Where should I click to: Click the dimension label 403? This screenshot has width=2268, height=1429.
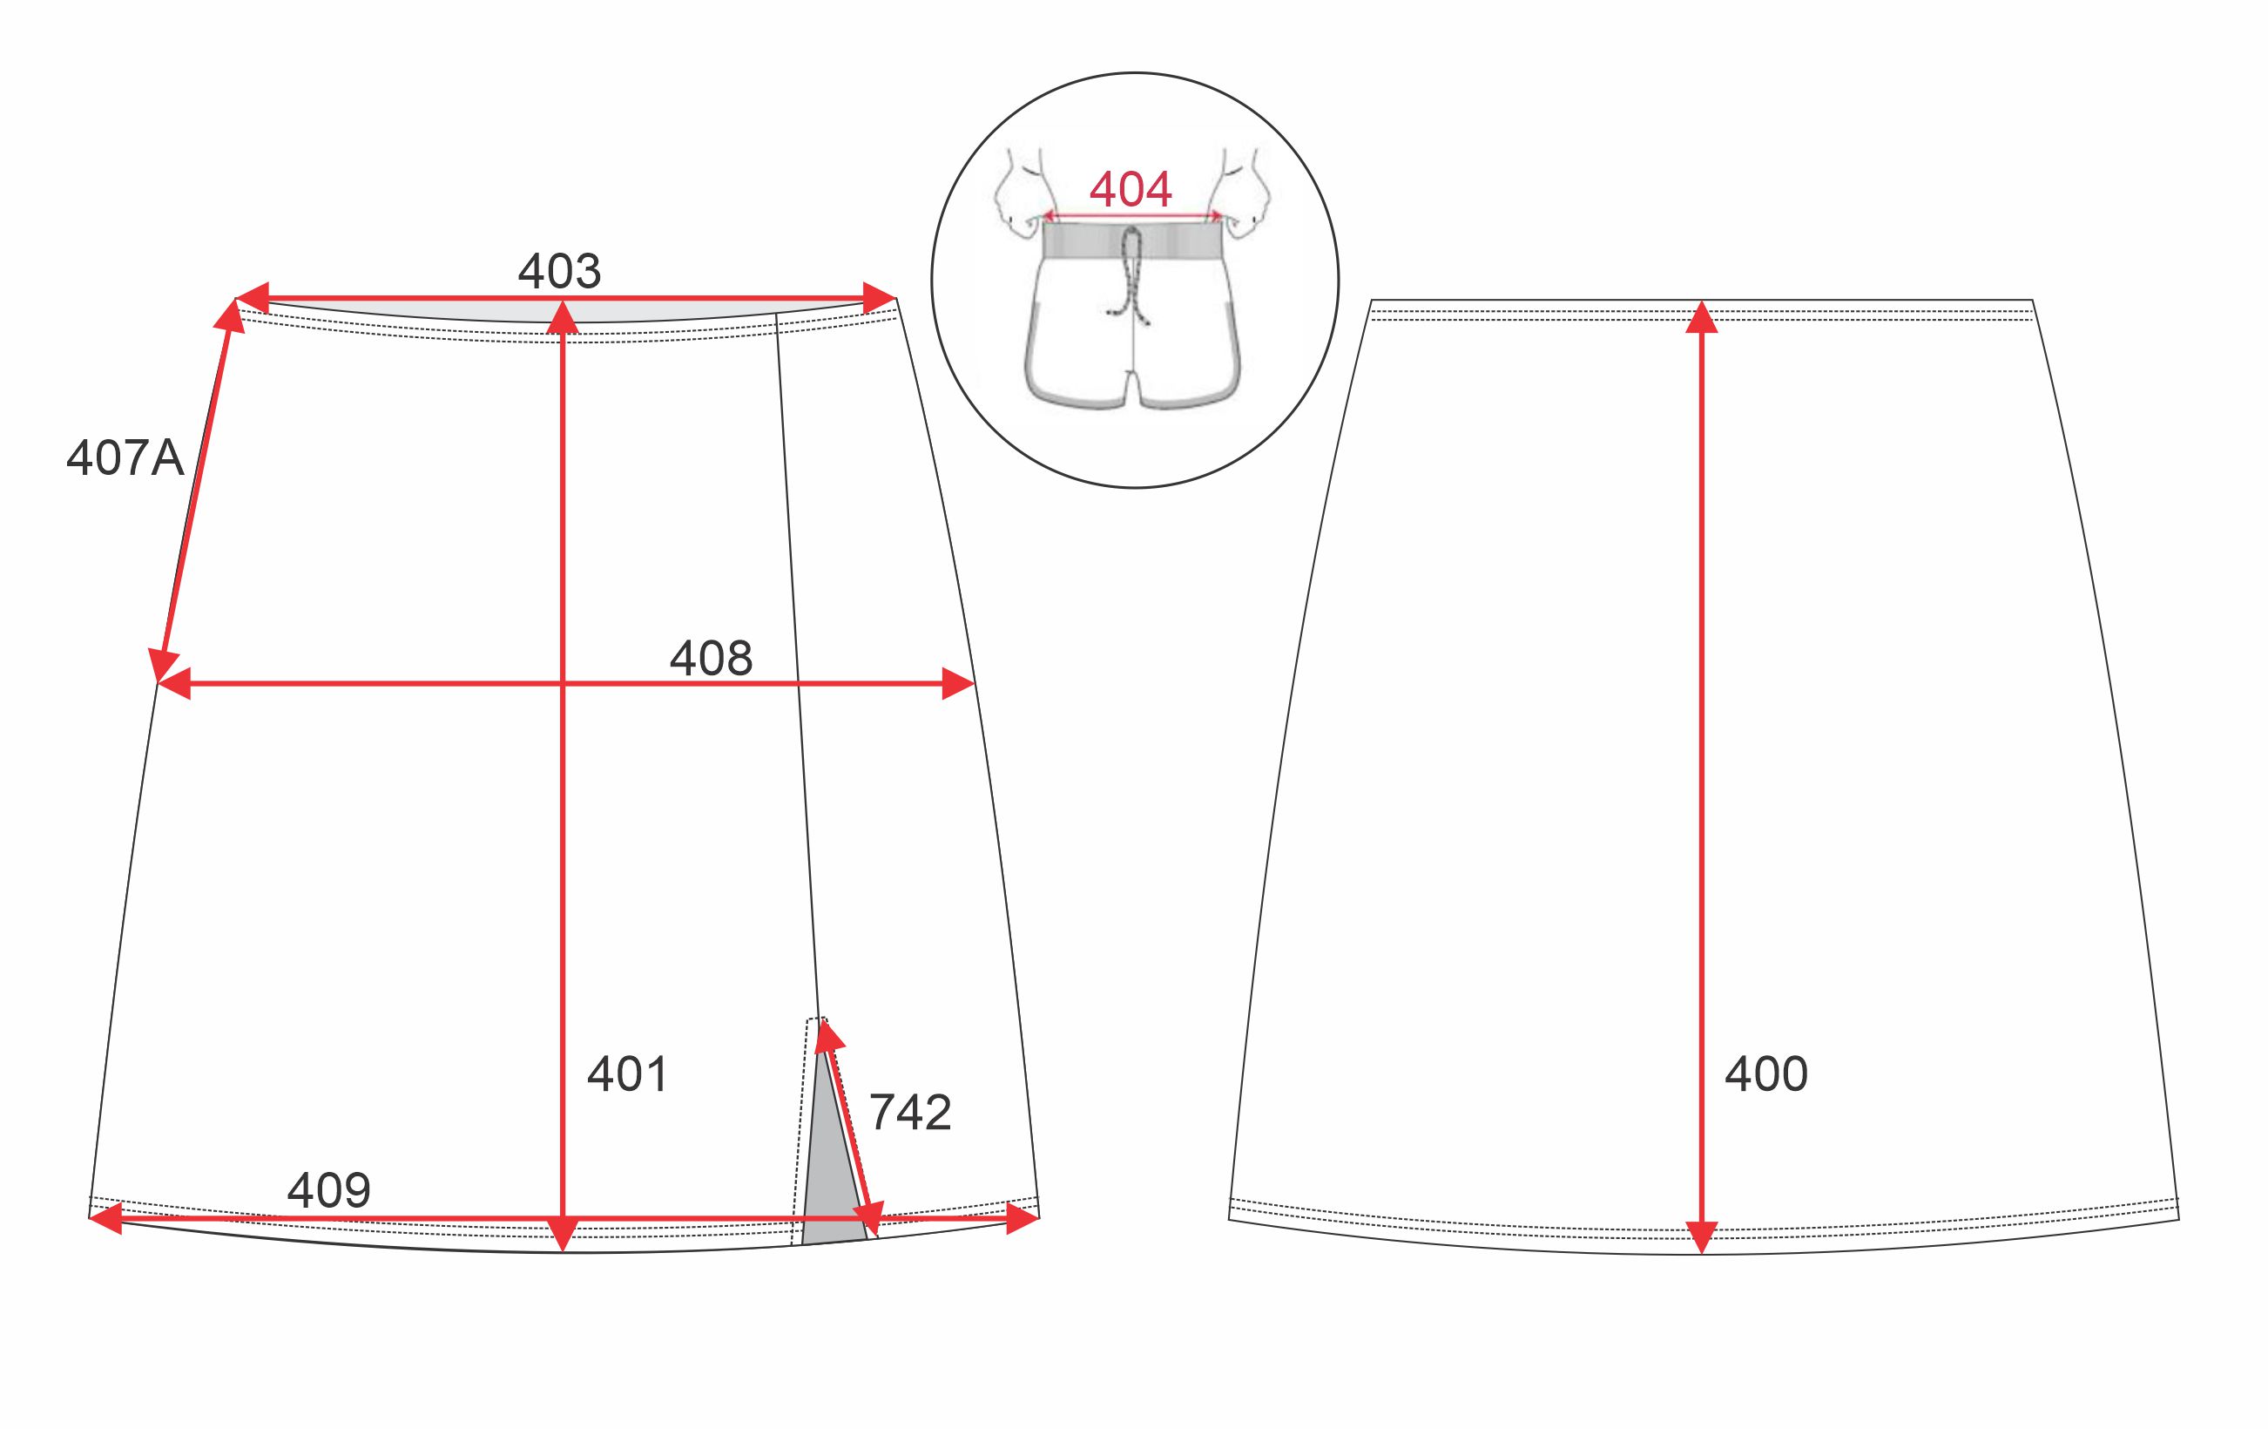558,271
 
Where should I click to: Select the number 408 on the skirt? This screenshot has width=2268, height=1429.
711,658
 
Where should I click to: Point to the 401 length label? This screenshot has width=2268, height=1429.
627,1073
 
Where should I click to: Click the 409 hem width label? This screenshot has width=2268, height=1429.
328,1190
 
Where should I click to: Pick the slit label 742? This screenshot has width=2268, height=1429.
910,1113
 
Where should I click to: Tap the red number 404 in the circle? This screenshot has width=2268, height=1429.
1131,189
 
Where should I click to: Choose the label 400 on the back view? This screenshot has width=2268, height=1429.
1766,1073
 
